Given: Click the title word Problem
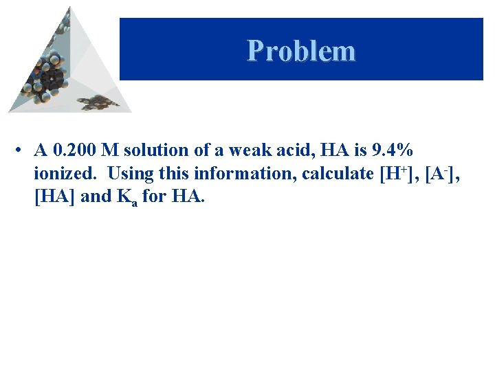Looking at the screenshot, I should pos(301,50).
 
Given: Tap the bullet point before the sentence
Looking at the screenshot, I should pos(23,150).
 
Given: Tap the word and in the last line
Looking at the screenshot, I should pos(95,196).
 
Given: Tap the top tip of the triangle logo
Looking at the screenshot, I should pos(69,8).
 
